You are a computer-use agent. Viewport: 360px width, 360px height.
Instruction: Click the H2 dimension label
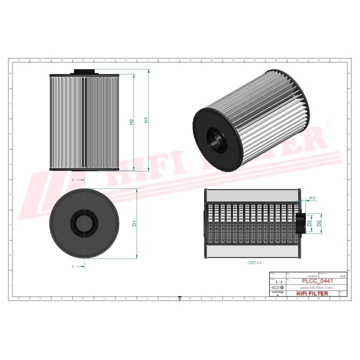click(x=131, y=122)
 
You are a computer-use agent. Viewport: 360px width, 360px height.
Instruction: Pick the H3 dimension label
click(x=313, y=198)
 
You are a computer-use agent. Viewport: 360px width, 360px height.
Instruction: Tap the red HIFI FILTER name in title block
click(x=313, y=293)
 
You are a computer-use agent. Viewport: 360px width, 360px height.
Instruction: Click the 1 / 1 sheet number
click(x=278, y=283)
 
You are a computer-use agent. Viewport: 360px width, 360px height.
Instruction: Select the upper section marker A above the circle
click(x=73, y=179)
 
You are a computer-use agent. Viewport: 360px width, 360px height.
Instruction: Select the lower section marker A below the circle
click(x=73, y=267)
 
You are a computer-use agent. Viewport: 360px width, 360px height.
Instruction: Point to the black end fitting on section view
click(x=300, y=223)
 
